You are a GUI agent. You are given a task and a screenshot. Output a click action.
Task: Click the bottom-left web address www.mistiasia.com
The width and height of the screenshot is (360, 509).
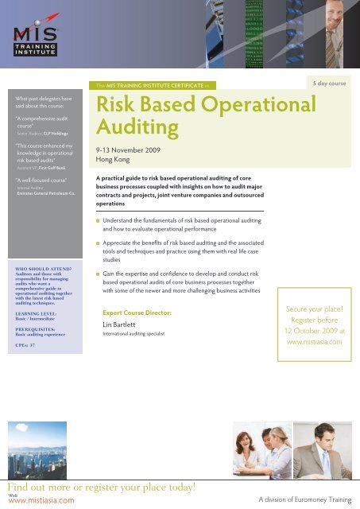pos(30,501)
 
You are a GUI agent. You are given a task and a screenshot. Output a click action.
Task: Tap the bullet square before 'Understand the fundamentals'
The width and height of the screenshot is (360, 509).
pos(97,216)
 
